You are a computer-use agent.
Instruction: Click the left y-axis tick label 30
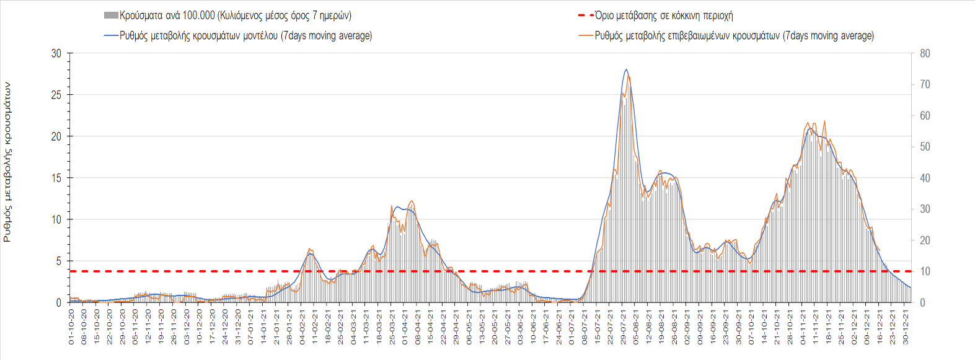click(56, 53)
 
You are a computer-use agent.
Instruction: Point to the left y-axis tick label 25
click(56, 95)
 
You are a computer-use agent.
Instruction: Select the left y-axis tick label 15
click(56, 178)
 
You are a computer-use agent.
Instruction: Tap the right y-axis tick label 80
click(925, 53)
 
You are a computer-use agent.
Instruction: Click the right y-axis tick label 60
click(925, 116)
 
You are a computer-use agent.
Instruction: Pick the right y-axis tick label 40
click(925, 178)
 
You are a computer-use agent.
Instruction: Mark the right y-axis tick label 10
click(925, 271)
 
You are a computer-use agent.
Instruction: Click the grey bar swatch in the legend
click(111, 15)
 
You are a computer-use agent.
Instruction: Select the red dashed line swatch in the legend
click(585, 15)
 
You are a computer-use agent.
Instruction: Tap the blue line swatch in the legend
click(111, 36)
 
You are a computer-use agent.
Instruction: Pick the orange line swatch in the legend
click(585, 36)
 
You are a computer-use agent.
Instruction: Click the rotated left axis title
click(7, 162)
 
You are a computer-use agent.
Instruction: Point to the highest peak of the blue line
click(626, 69)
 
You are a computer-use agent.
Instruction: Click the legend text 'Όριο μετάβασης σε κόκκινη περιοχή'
click(664, 15)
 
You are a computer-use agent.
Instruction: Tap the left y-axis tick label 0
click(59, 302)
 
